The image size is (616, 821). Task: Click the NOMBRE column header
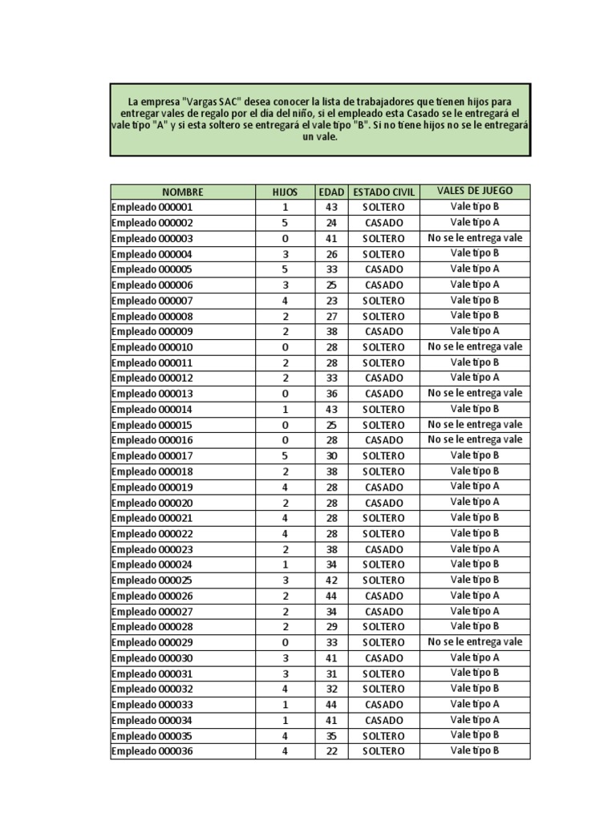(183, 192)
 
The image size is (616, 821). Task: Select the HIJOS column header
(285, 192)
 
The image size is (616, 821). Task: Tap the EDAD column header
(331, 192)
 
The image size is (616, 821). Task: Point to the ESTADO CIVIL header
(383, 192)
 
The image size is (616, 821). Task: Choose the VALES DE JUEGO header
(474, 192)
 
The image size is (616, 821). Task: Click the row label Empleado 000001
(152, 208)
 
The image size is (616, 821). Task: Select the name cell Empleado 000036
(152, 752)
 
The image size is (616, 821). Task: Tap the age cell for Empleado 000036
(331, 752)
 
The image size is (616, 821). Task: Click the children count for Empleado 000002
(285, 223)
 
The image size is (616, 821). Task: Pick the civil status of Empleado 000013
(383, 394)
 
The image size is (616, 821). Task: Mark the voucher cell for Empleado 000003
(474, 238)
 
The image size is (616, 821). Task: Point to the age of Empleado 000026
(331, 597)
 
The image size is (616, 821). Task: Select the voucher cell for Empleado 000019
(474, 487)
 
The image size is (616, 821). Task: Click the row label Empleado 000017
(152, 456)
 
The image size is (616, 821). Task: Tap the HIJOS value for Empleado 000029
(285, 643)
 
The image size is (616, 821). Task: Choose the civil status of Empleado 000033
(383, 706)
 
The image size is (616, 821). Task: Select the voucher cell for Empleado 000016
(474, 440)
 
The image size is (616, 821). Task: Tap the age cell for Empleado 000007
(331, 301)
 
